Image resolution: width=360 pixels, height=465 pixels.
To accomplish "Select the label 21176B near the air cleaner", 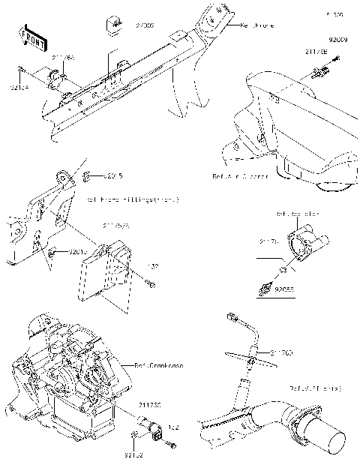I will (x=315, y=51).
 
